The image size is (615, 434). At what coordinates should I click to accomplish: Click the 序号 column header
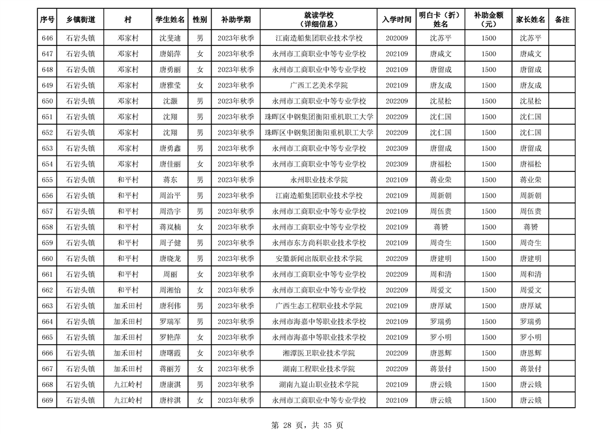coord(47,20)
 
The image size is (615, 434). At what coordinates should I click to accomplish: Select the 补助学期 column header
coord(236,20)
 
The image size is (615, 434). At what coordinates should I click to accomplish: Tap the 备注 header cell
coord(562,20)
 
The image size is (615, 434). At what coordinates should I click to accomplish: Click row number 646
coord(47,38)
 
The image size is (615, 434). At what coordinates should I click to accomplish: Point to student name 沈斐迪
coord(170,38)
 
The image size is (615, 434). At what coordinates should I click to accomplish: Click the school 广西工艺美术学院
coord(318,85)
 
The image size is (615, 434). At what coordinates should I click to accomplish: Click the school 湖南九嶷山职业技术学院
coord(318,385)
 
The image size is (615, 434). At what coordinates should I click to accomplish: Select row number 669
coord(47,401)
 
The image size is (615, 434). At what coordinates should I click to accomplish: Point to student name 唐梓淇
coord(170,401)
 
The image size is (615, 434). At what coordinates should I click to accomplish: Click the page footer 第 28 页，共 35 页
coord(307,425)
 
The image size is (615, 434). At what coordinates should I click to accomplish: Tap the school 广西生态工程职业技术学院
coord(318,306)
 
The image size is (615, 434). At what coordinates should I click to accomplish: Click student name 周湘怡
coord(170,290)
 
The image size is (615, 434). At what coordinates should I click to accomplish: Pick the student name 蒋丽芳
coord(170,369)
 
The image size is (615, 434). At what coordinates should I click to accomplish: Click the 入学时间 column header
coord(397,20)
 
